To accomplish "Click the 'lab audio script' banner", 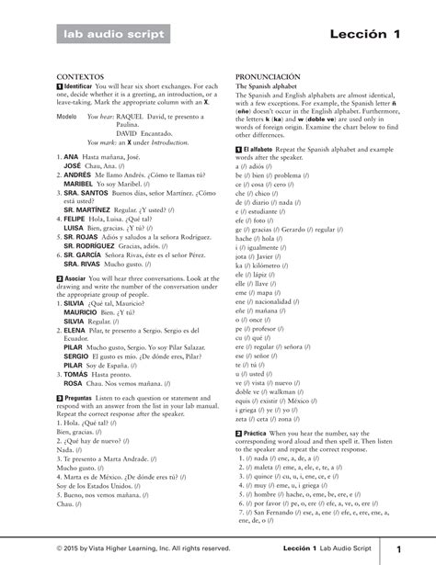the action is (111, 35).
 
